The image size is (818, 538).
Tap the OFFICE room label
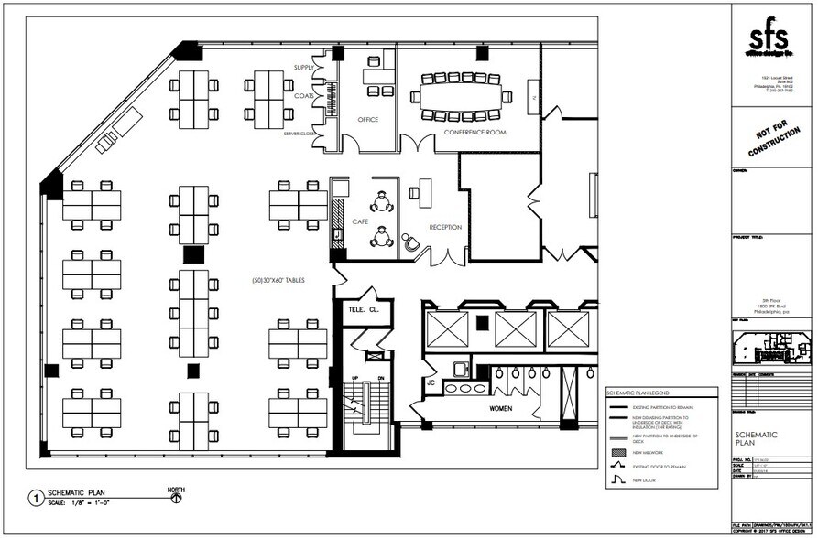(x=368, y=120)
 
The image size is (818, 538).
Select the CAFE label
(x=359, y=221)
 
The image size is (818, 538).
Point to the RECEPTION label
(x=445, y=227)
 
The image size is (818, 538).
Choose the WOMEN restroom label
(x=500, y=409)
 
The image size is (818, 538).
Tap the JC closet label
(x=429, y=382)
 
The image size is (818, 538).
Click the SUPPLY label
(x=304, y=69)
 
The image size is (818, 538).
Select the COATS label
(x=304, y=95)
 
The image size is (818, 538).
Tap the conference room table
(x=462, y=95)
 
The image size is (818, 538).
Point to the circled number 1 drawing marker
(x=35, y=499)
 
